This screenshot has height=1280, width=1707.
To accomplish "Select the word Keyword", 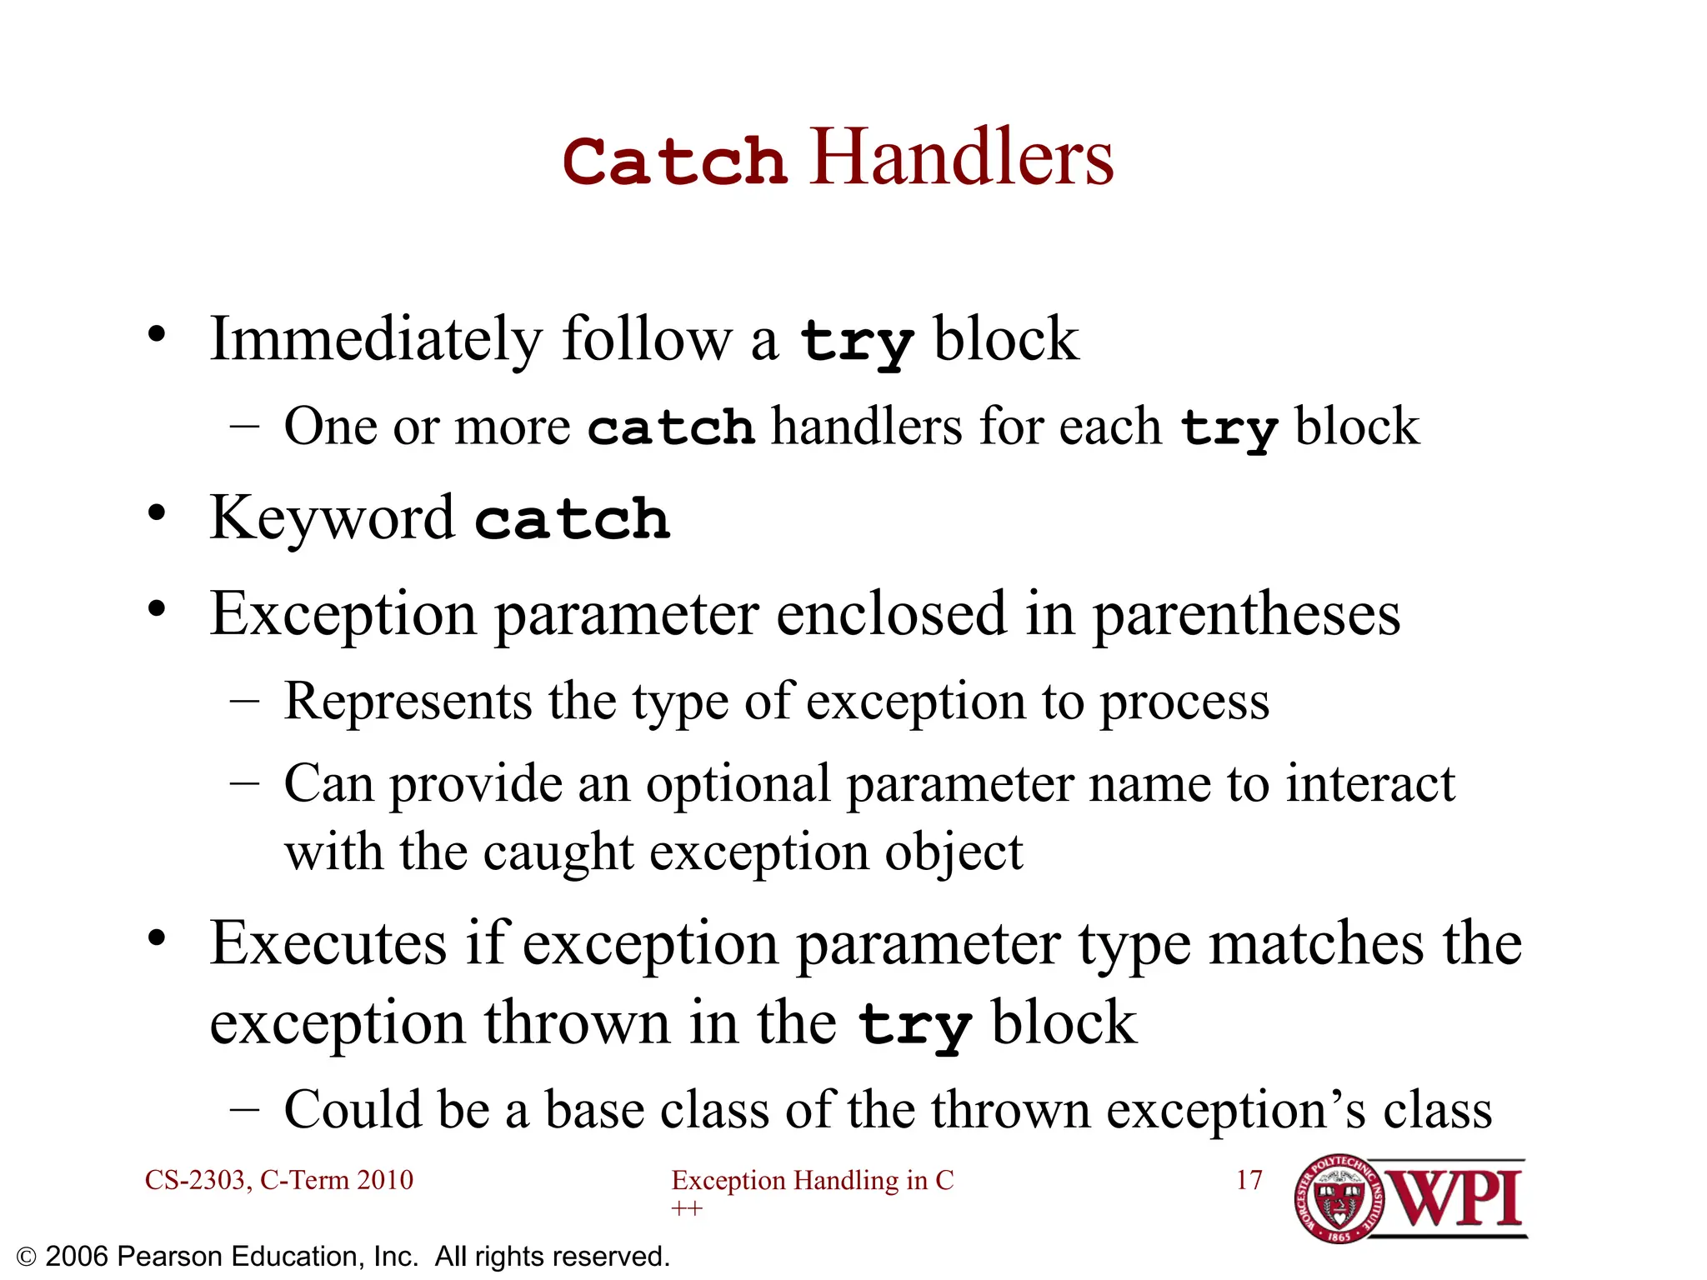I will pos(332,518).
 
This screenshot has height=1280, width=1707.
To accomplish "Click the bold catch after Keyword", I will pos(572,520).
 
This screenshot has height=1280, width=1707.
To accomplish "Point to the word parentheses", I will pos(1246,615).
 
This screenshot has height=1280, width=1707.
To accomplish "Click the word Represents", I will pos(408,701).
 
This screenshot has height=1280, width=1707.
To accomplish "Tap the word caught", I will pos(558,852).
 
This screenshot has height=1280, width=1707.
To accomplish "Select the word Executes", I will pos(328,944).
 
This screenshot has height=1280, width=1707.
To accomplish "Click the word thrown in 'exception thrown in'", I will pos(577,1023).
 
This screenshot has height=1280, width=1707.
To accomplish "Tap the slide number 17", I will pos(1249,1180).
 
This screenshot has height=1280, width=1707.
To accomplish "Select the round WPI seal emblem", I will pos(1339,1200).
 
